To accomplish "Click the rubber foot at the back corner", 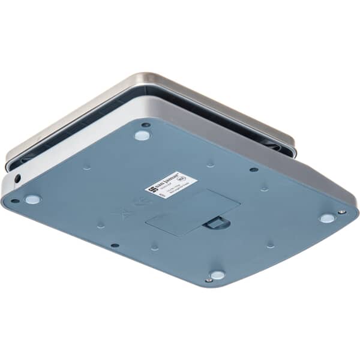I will tap(142, 135).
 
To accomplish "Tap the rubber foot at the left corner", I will tap(32, 199).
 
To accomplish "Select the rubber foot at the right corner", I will tap(326, 218).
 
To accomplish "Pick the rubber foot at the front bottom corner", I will tap(217, 275).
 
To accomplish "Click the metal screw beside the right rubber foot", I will tap(342, 212).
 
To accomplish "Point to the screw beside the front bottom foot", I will tap(208, 280).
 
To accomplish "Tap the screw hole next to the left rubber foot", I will tap(15, 201).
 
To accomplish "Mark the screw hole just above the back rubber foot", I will tap(146, 125).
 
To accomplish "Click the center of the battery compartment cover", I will tap(192, 213).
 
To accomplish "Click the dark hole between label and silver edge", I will tap(254, 169).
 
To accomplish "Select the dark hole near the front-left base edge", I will tap(115, 245).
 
